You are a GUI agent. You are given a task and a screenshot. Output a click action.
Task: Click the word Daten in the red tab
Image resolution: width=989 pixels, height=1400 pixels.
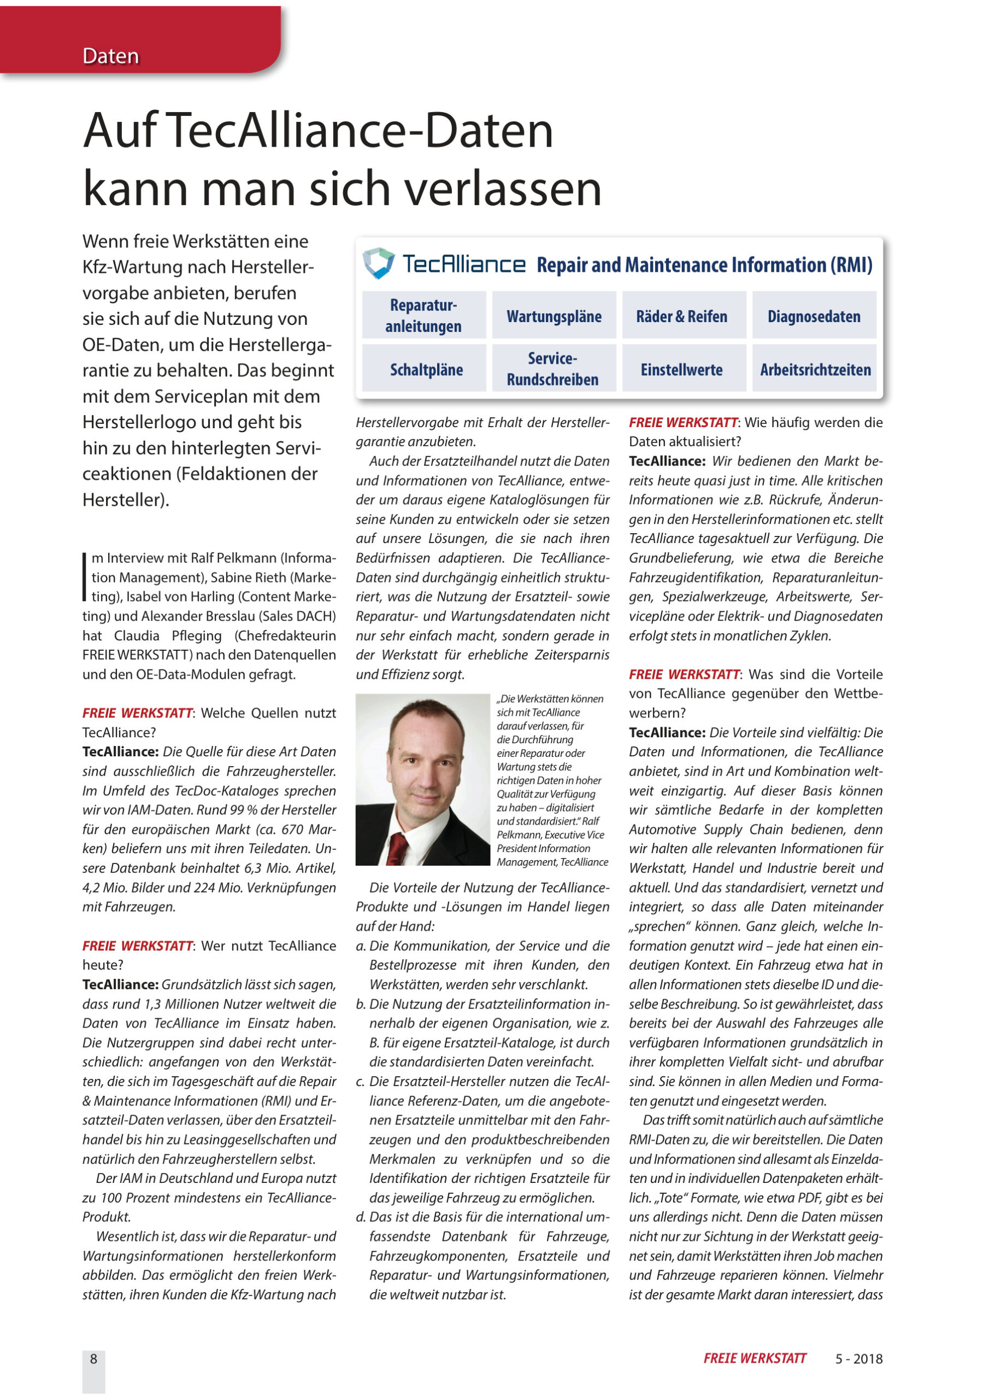pyautogui.click(x=110, y=56)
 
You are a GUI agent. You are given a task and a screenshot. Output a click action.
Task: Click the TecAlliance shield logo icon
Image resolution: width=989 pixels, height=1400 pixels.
pyautogui.click(x=379, y=263)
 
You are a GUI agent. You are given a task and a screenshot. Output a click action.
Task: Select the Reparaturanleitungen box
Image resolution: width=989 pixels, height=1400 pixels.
pyautogui.click(x=423, y=315)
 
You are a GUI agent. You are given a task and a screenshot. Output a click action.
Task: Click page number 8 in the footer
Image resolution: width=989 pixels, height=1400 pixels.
pyautogui.click(x=93, y=1358)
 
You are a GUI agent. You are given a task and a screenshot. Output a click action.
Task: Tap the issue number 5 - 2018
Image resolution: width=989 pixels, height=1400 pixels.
pyautogui.click(x=858, y=1358)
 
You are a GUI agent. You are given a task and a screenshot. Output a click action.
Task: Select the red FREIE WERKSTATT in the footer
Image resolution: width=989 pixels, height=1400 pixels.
pyautogui.click(x=755, y=1358)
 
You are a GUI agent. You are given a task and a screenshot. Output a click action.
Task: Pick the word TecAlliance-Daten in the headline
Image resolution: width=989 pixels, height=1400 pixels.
pyautogui.click(x=360, y=131)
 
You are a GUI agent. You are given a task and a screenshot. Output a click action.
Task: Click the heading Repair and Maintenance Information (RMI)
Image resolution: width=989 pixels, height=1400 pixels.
pyautogui.click(x=704, y=265)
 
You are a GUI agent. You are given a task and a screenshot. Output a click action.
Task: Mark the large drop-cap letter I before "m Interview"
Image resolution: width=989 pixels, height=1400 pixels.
pyautogui.click(x=85, y=577)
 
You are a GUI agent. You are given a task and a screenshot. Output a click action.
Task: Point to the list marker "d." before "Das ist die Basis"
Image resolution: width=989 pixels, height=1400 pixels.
pyautogui.click(x=361, y=1217)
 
